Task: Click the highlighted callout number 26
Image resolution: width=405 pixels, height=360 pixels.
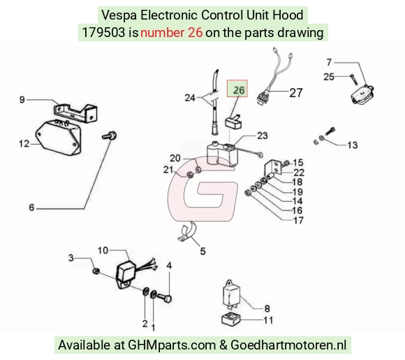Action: tap(239, 90)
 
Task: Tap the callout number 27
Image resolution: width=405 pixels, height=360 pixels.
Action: tap(296, 93)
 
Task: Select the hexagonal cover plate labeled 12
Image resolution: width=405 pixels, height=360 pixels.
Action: tap(58, 138)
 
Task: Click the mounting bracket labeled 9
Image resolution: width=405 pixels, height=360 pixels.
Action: tap(75, 113)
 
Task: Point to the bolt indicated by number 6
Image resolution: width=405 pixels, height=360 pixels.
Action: tap(109, 135)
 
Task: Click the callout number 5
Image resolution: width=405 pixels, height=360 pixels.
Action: tap(202, 251)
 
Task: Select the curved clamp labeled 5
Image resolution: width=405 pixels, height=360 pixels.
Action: tap(187, 231)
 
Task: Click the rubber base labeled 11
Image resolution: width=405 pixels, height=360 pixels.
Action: tap(231, 319)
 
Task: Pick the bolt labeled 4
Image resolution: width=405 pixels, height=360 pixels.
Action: tap(164, 298)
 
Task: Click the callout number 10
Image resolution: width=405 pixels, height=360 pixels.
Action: tap(103, 250)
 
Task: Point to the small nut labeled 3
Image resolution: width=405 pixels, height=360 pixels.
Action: tap(96, 271)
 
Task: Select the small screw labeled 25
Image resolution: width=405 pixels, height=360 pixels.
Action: tap(354, 79)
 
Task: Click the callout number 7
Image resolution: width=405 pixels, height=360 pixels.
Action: tap(329, 62)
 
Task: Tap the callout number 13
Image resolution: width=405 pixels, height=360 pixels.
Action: tap(353, 145)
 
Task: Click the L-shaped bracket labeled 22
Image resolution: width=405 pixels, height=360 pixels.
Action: tap(272, 167)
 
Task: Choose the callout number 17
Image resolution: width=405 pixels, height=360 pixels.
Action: tap(298, 221)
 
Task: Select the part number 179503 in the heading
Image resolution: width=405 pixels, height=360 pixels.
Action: tap(103, 33)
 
